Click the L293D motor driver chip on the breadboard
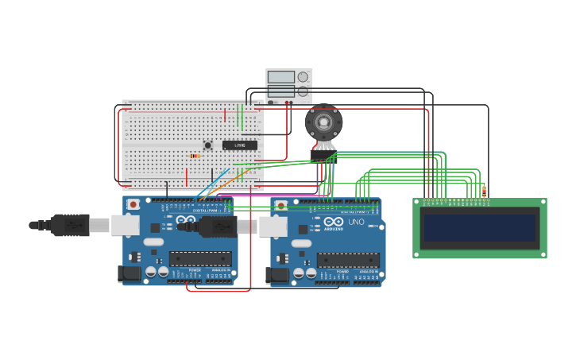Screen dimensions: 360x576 click(239, 145)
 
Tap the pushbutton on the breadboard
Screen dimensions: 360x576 click(208, 145)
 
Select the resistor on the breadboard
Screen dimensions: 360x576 click(195, 156)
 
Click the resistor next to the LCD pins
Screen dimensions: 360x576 click(485, 192)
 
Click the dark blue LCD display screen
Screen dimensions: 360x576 click(479, 227)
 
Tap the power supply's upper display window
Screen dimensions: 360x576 click(280, 77)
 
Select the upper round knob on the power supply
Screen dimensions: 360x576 click(303, 77)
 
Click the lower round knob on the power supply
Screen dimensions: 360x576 click(303, 91)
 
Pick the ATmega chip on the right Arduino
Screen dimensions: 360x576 click(348, 260)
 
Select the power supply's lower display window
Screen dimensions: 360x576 click(280, 91)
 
